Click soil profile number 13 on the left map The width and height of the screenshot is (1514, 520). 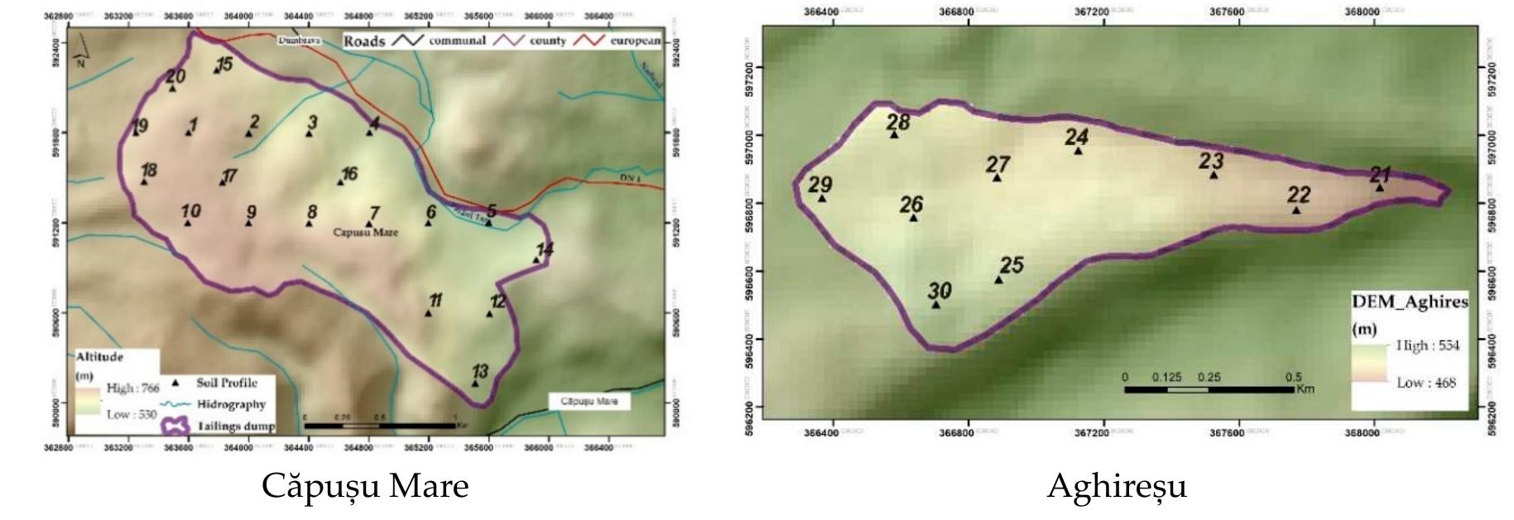pyautogui.click(x=479, y=372)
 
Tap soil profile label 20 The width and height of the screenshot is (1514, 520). pyautogui.click(x=175, y=77)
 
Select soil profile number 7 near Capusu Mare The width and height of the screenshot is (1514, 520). pyautogui.click(x=374, y=214)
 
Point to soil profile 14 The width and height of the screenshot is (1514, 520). pyautogui.click(x=544, y=249)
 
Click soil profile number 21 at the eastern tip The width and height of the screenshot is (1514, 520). pyautogui.click(x=1380, y=176)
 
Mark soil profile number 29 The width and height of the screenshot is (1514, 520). pyautogui.click(x=820, y=185)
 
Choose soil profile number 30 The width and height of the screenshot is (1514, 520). pyautogui.click(x=939, y=291)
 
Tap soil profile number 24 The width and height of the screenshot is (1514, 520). pyautogui.click(x=1076, y=137)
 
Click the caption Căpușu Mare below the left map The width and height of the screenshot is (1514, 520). pyautogui.click(x=365, y=486)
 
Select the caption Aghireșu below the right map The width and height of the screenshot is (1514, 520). pyautogui.click(x=1116, y=486)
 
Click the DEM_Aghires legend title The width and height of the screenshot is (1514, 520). pyautogui.click(x=1409, y=302)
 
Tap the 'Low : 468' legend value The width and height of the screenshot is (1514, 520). pyautogui.click(x=1425, y=383)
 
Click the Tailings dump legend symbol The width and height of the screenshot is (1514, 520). pyautogui.click(x=175, y=426)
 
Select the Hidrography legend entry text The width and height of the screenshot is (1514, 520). pyautogui.click(x=231, y=405)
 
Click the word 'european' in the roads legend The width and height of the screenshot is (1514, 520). pyautogui.click(x=636, y=41)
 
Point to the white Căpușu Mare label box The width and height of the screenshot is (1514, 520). pyautogui.click(x=589, y=402)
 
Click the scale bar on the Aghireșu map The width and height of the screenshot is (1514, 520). pyautogui.click(x=1209, y=388)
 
